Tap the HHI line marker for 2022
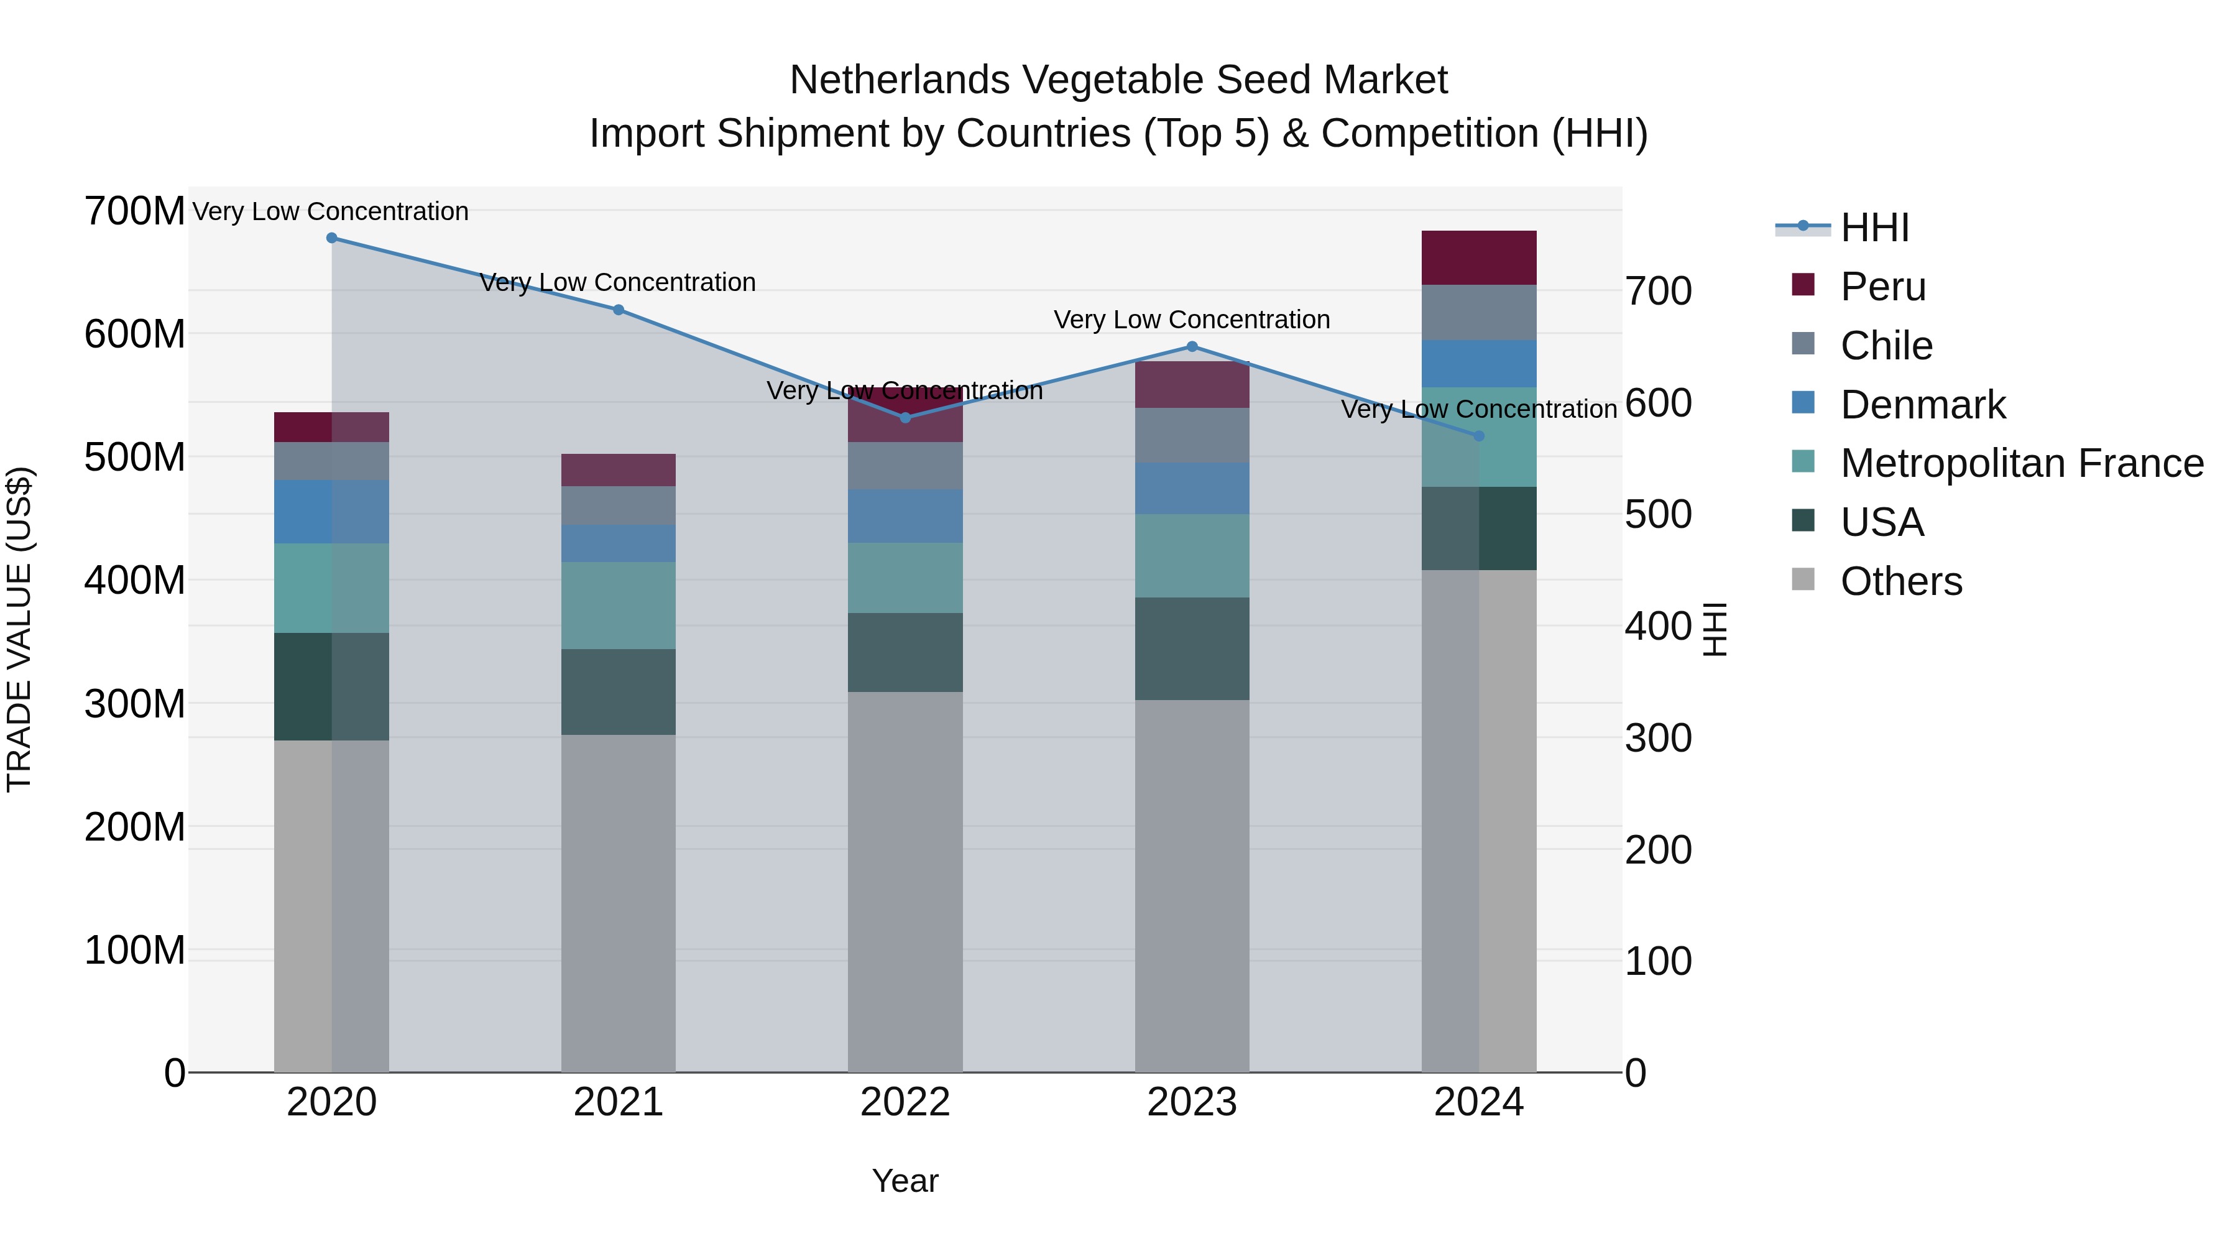pyautogui.click(x=905, y=418)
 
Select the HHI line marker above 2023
pyautogui.click(x=1192, y=347)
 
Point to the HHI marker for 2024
pyautogui.click(x=1479, y=436)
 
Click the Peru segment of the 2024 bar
pyautogui.click(x=1479, y=258)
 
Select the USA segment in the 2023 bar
pyautogui.click(x=1192, y=648)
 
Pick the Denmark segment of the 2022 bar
pyautogui.click(x=905, y=516)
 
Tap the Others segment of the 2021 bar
pyautogui.click(x=618, y=903)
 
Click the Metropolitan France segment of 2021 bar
pyautogui.click(x=618, y=605)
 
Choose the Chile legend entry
pyautogui.click(x=1886, y=346)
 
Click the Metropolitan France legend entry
pyautogui.click(x=2021, y=463)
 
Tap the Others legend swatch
pyautogui.click(x=1803, y=579)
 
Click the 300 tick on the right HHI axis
pyautogui.click(x=1657, y=739)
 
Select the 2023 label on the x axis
pyautogui.click(x=1192, y=1102)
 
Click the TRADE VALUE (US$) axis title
pyautogui.click(x=19, y=629)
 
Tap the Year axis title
pyautogui.click(x=905, y=1181)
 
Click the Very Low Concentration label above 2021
pyautogui.click(x=618, y=282)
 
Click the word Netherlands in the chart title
pyautogui.click(x=898, y=80)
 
